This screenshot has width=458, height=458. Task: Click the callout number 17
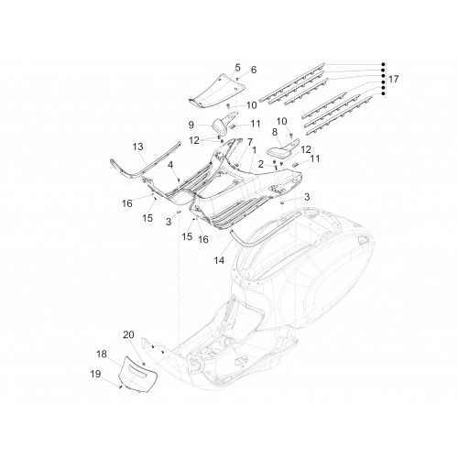[393, 79]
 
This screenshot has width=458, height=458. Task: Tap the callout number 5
[237, 67]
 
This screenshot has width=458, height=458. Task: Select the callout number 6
[254, 70]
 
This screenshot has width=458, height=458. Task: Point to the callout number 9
[191, 125]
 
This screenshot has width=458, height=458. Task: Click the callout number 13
[138, 147]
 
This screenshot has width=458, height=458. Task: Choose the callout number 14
[219, 260]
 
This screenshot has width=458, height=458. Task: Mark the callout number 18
[102, 354]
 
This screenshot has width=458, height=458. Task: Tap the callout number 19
[95, 374]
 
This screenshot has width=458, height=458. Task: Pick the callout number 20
[128, 334]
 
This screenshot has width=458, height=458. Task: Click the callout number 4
[170, 165]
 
